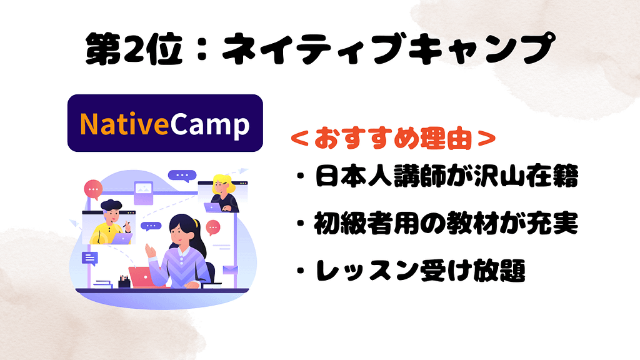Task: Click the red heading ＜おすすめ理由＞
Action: tap(394, 139)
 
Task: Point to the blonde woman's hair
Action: tap(222, 183)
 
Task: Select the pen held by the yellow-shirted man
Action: tap(129, 220)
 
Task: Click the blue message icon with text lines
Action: tap(90, 258)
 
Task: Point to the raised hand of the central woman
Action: tap(150, 251)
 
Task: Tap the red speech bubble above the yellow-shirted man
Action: tap(94, 187)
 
